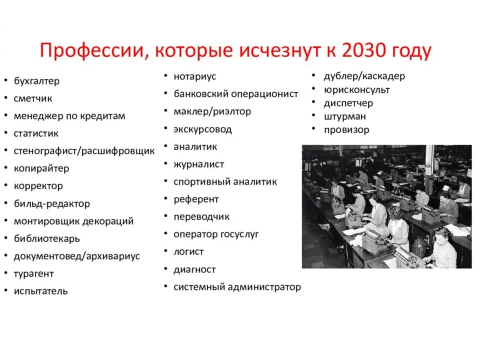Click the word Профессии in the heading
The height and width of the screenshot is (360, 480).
91,51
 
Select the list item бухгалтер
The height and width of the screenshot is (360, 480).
36,81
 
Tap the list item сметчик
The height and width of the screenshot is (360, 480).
33,98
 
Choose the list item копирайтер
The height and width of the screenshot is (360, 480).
41,168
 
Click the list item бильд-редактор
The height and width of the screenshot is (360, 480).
51,203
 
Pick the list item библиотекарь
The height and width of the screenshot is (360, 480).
47,238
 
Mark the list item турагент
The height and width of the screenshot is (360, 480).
33,273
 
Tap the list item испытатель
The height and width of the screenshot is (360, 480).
40,291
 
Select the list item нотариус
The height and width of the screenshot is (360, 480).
194,76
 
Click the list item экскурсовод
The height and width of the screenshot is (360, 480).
202,129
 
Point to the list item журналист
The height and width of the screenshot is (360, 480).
199,164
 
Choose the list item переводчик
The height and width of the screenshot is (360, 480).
201,216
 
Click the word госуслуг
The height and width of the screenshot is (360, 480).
239,234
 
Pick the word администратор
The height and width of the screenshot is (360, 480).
264,287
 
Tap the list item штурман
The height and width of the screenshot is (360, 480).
344,116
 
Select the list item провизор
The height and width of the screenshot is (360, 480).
346,130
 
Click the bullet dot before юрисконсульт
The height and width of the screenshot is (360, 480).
313,88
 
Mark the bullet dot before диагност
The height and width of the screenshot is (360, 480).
165,268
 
